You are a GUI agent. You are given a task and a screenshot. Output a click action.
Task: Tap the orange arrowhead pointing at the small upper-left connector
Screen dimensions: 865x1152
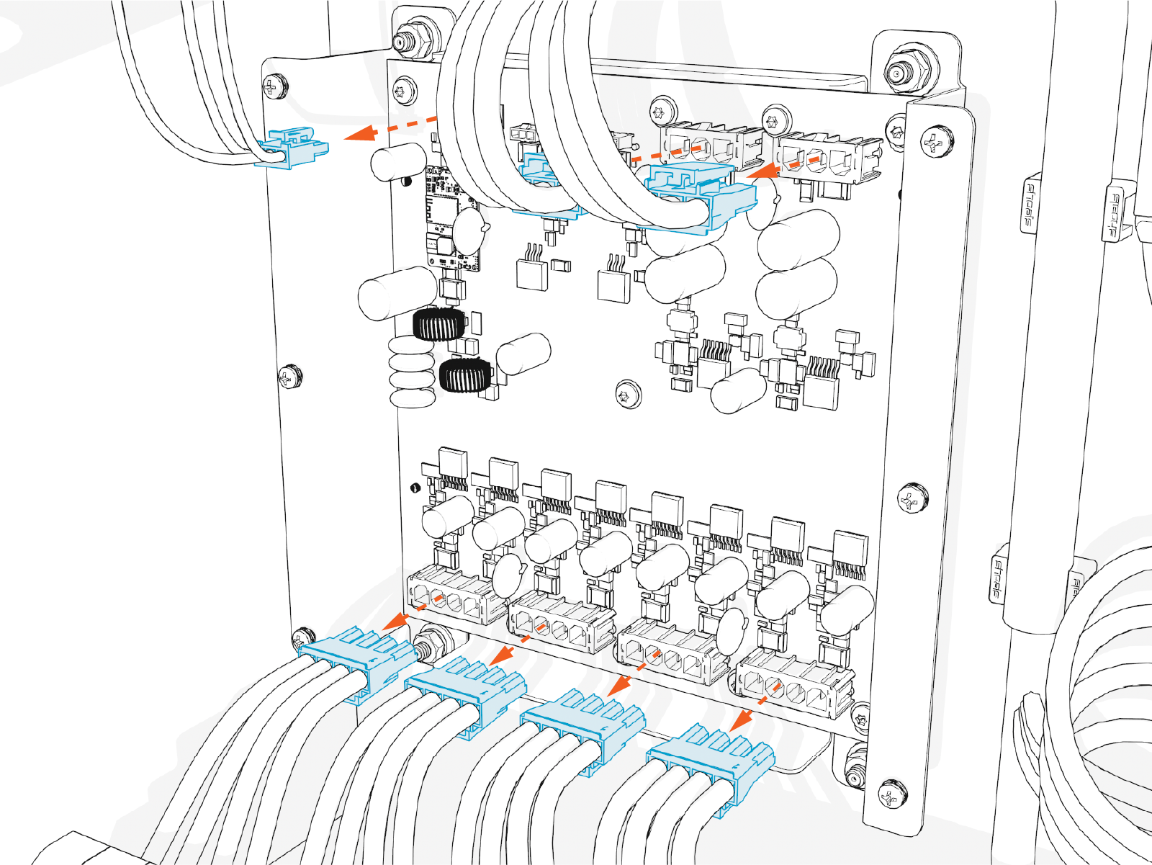click(361, 133)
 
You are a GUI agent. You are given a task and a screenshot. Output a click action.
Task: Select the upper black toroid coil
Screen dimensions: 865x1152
click(436, 324)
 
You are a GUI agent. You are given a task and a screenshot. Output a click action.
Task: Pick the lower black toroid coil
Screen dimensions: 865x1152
click(464, 375)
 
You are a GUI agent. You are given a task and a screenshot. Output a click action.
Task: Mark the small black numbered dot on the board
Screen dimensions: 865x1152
click(415, 488)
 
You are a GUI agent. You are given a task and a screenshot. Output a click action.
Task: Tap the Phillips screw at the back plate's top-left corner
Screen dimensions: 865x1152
click(274, 86)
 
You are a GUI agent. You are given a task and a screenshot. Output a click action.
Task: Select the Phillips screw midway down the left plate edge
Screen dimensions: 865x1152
click(289, 375)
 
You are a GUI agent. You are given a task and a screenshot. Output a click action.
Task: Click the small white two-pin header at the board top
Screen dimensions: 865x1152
click(523, 134)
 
